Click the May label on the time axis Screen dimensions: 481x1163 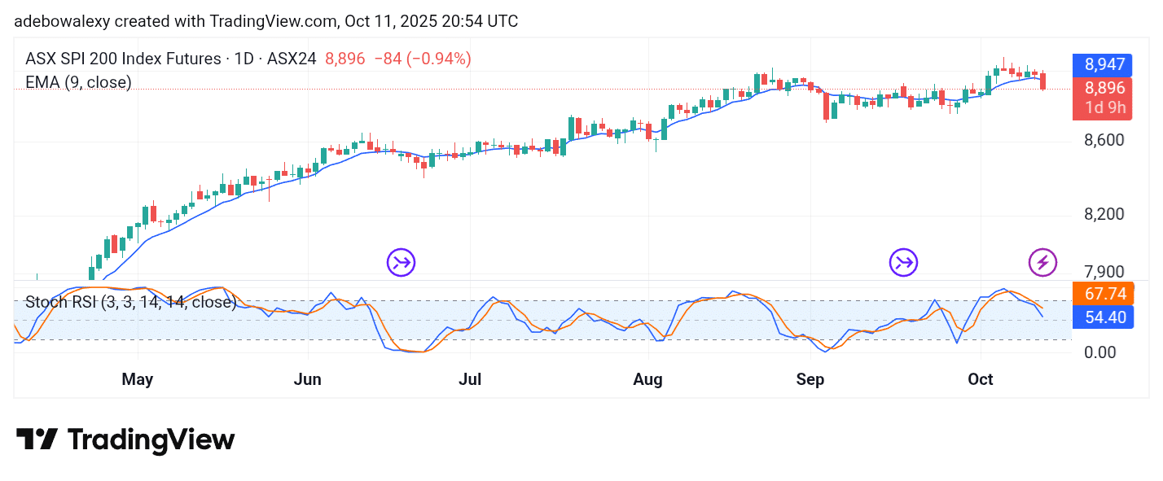[138, 379]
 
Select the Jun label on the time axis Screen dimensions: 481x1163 [308, 379]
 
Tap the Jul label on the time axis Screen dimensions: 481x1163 [470, 379]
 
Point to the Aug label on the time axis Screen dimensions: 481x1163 [648, 379]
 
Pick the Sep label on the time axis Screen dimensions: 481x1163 [810, 379]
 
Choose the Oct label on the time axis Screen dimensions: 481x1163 [981, 379]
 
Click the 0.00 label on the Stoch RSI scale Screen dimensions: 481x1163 [1101, 352]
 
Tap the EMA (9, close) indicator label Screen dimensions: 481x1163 [78, 82]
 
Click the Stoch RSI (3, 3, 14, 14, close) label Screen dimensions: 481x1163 [130, 303]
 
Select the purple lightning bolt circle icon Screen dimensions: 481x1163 [1043, 262]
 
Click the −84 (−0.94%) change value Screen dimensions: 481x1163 [422, 59]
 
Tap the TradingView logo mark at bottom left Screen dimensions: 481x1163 [37, 439]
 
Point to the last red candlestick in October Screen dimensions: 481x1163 [1043, 81]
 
